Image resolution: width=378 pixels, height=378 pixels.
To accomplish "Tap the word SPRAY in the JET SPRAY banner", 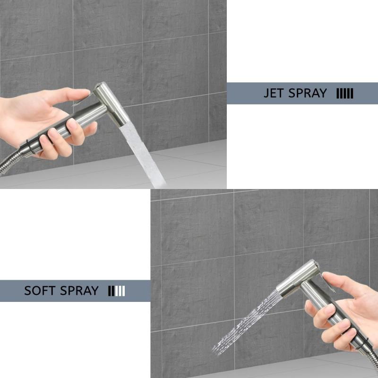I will pyautogui.click(x=307, y=93).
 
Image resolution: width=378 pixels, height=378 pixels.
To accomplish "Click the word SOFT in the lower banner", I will pyautogui.click(x=40, y=291).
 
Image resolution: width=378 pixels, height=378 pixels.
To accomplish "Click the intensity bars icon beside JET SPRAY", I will pyautogui.click(x=344, y=94).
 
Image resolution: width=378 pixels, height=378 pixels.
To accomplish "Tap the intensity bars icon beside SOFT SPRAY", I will pyautogui.click(x=116, y=291).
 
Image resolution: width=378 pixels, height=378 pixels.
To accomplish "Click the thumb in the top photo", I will pyautogui.click(x=71, y=94).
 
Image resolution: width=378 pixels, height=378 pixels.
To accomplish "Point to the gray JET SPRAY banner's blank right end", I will pyautogui.click(x=369, y=94).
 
